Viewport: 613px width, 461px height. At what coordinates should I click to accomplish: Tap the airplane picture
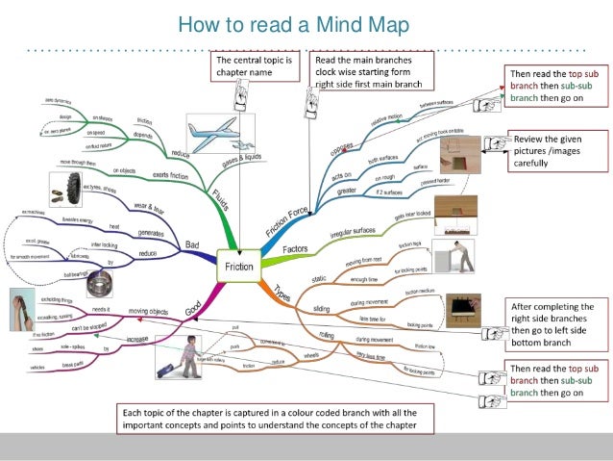212,134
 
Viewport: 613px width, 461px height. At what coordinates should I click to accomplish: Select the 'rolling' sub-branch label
328,333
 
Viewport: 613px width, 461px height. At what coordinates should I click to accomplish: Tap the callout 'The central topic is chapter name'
249,65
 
